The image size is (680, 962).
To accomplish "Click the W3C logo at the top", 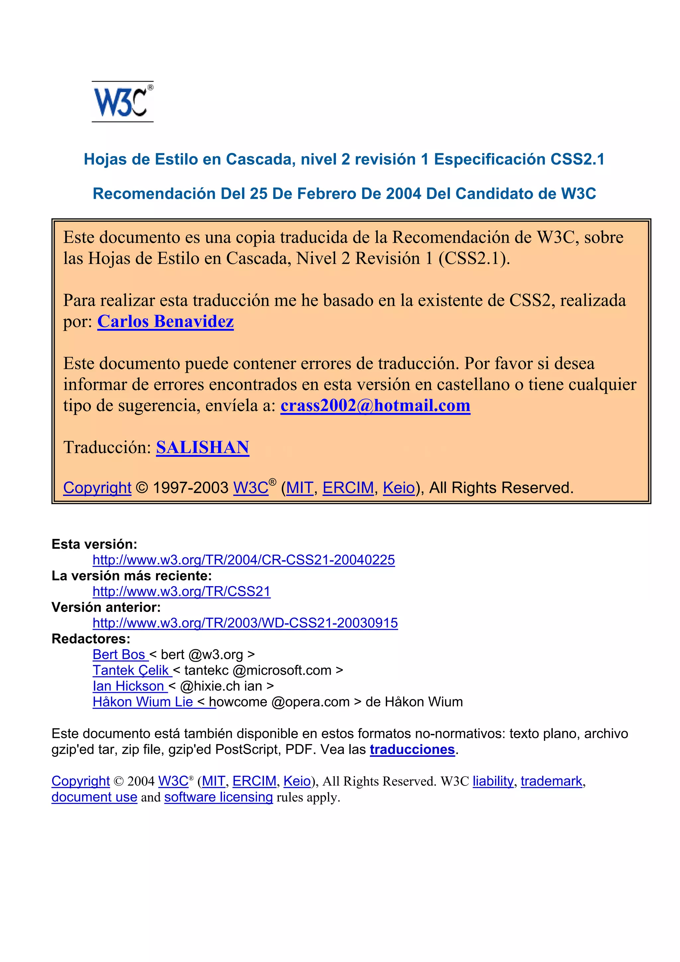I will [122, 102].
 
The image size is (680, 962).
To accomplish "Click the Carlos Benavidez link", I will [165, 321].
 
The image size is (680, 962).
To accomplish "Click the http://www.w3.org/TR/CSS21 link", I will [181, 591].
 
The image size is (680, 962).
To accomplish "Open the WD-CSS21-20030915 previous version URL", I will [245, 623].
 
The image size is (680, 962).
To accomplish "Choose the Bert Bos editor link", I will [120, 655].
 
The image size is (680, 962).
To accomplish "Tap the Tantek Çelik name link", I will [131, 671].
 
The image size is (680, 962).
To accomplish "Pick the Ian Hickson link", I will [129, 686].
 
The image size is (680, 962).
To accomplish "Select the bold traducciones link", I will [412, 749].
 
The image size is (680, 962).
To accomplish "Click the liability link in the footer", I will [493, 781].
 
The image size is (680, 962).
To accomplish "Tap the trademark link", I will [551, 781].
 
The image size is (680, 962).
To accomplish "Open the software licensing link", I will [218, 797].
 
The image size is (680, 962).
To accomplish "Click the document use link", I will [94, 797].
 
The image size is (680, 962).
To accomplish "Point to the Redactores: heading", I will [91, 639].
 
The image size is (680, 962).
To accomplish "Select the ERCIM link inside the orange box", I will [348, 488].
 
